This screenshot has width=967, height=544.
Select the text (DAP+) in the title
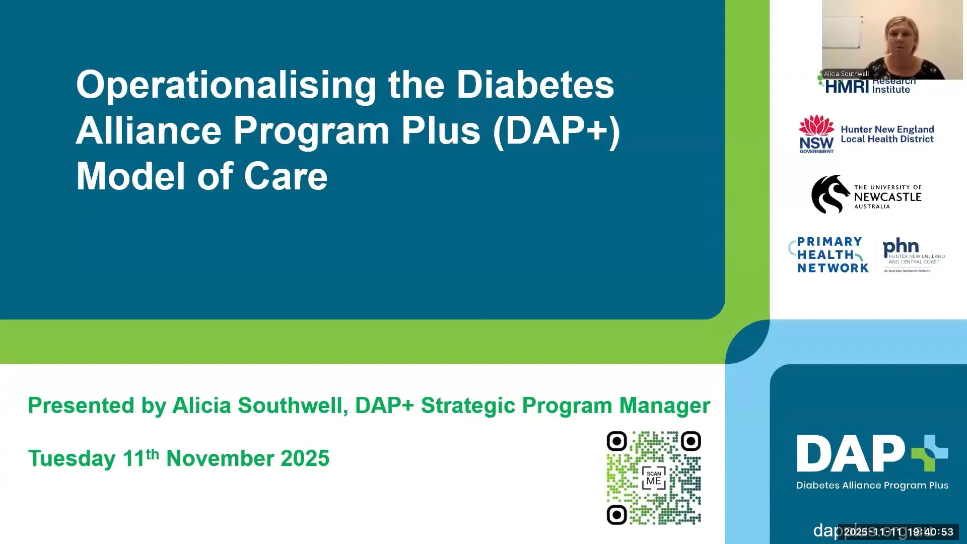click(557, 131)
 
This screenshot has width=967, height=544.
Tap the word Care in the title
click(286, 177)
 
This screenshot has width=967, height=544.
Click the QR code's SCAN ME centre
click(654, 478)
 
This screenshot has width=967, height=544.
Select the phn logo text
click(901, 247)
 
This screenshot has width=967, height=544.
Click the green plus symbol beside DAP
click(930, 453)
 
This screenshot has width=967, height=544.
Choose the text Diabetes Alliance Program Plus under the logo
click(872, 486)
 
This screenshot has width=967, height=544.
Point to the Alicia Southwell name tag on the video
click(846, 74)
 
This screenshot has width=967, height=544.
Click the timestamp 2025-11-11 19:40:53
click(899, 532)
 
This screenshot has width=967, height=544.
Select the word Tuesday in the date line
click(72, 459)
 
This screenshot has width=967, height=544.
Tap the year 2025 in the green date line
click(305, 459)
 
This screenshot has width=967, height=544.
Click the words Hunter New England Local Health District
click(887, 134)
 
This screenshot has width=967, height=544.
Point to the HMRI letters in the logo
click(847, 87)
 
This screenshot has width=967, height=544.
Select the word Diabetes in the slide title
click(535, 86)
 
